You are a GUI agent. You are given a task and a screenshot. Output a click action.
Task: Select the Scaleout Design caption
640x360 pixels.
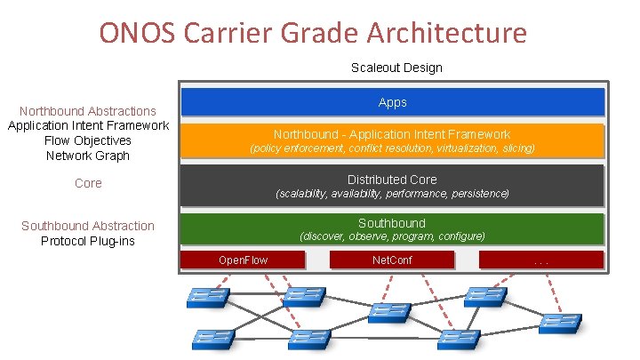396,68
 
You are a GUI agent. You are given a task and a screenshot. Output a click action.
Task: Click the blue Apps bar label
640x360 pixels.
392,102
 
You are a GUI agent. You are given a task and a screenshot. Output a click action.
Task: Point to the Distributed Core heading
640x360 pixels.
392,179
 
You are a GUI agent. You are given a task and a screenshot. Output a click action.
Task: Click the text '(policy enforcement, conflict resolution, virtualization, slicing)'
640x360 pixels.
392,148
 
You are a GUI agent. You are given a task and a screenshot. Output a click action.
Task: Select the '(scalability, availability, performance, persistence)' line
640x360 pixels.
392,193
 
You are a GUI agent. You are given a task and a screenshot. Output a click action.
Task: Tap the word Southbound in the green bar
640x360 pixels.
392,223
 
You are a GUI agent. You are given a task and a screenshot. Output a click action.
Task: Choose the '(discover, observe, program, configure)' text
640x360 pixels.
392,236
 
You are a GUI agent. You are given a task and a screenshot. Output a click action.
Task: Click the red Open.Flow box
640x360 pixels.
243,260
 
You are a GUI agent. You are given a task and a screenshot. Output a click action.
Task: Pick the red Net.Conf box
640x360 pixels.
392,260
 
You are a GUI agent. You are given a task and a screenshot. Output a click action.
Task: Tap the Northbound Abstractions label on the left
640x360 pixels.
88,111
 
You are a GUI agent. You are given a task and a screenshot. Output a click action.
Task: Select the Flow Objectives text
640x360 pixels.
88,140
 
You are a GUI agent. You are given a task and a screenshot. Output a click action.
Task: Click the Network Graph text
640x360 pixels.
88,156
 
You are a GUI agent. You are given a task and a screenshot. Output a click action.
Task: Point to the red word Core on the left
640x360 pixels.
88,183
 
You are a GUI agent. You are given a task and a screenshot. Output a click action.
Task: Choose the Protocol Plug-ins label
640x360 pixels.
88,241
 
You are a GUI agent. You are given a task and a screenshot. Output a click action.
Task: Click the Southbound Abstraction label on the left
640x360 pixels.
88,226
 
